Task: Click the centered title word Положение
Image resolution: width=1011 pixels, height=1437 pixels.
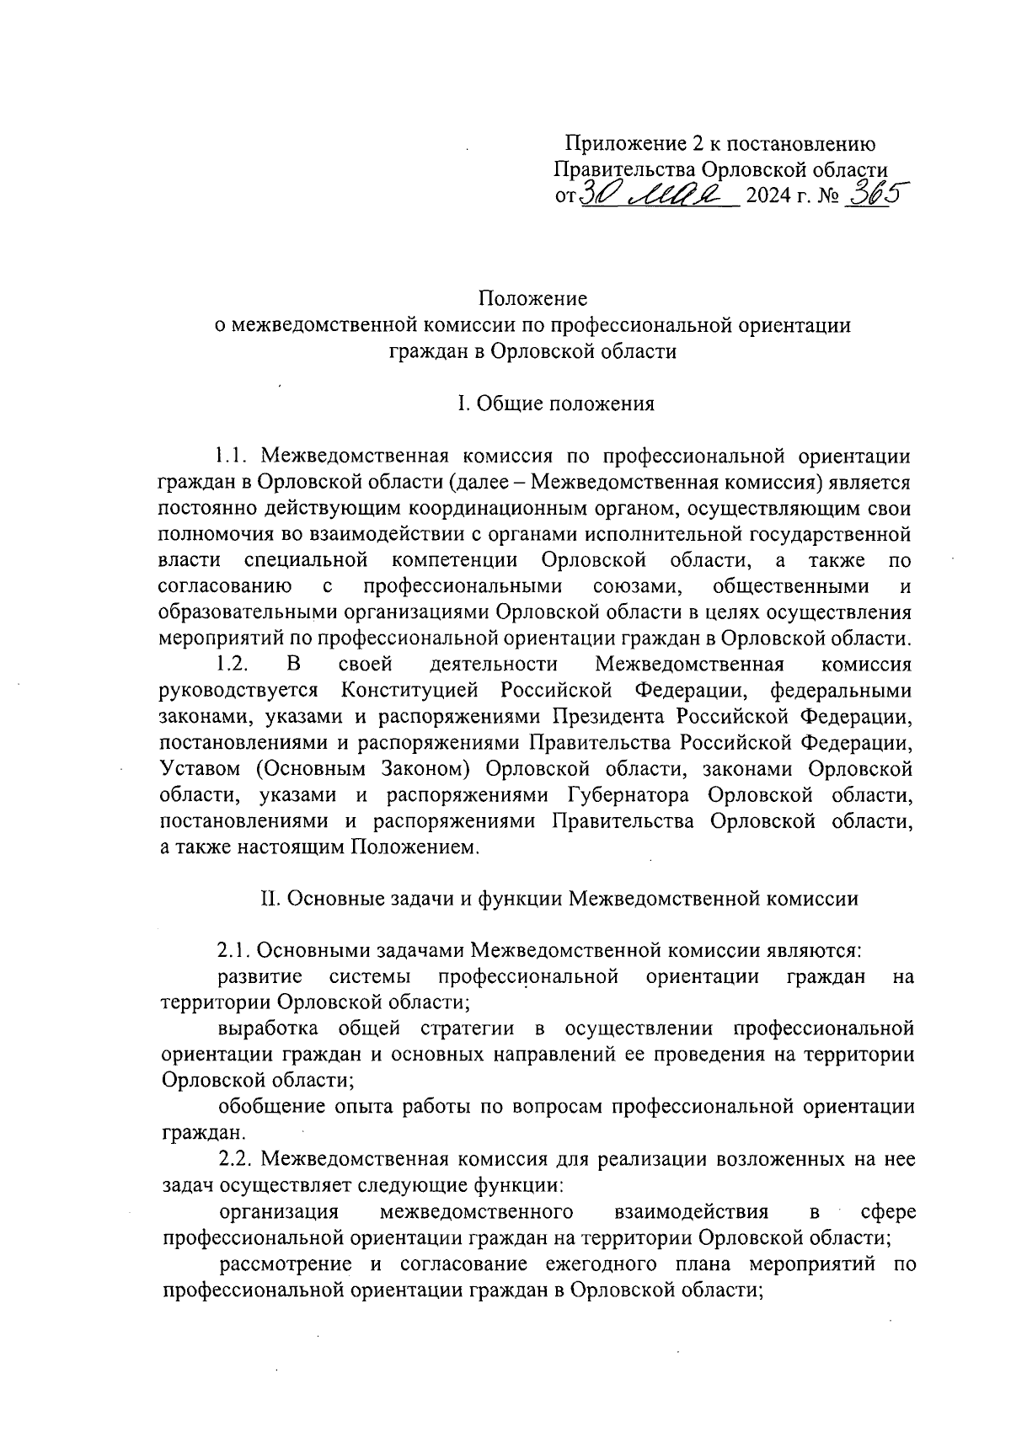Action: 532,299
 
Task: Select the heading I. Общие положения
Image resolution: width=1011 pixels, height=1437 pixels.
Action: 556,403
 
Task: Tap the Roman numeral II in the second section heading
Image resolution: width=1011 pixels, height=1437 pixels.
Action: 270,898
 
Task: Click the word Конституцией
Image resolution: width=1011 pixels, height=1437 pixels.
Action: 409,691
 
